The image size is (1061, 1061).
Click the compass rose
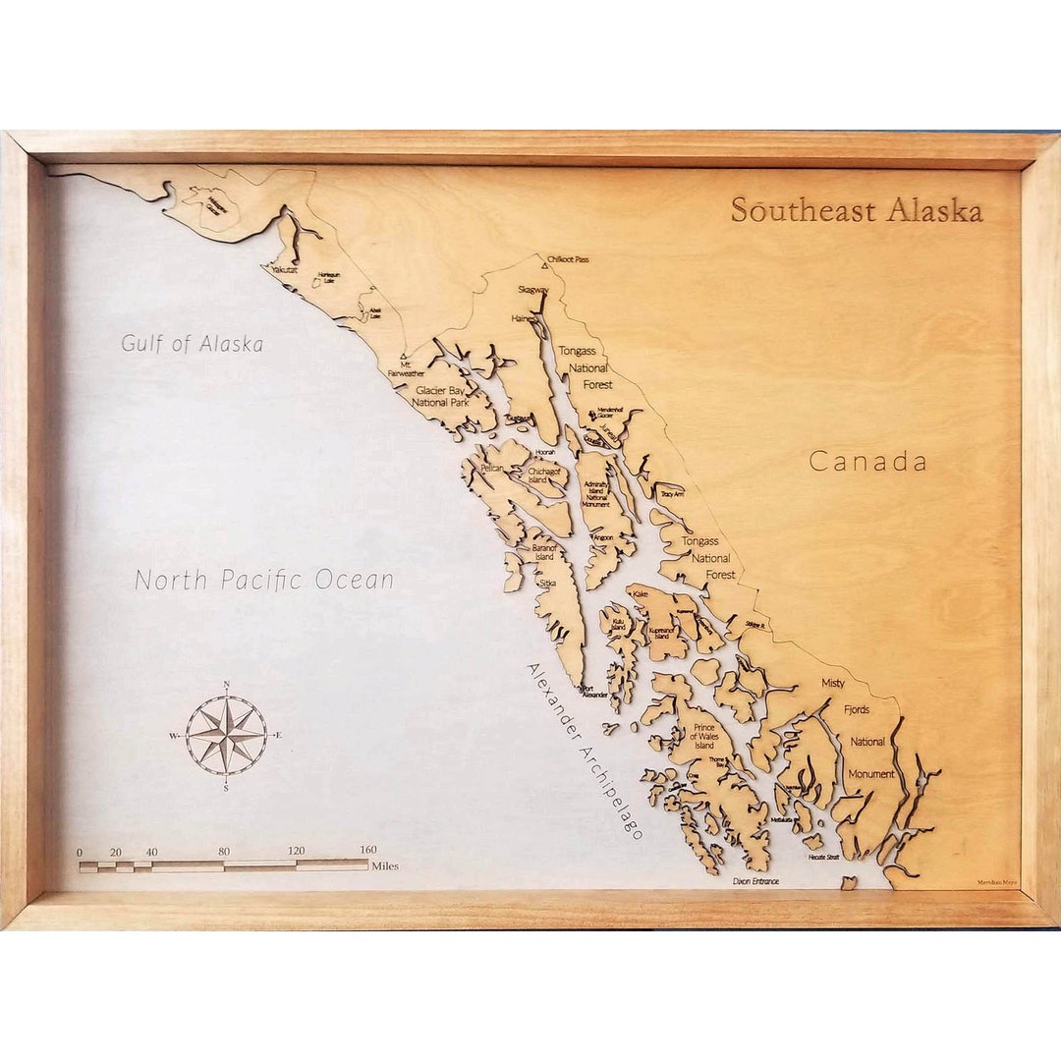point(226,735)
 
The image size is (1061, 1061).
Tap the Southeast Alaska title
point(856,210)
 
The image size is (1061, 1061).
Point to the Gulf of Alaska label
point(192,344)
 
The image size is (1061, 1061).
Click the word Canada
point(867,462)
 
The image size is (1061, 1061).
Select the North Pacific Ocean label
point(263,580)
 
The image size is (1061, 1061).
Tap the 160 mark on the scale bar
point(368,851)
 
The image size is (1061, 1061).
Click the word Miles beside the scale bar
point(385,866)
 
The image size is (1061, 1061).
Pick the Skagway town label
point(533,290)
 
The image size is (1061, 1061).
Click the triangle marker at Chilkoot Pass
point(543,263)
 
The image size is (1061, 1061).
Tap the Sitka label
point(547,583)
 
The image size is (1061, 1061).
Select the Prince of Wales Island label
point(703,736)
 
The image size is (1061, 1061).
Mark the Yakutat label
point(285,268)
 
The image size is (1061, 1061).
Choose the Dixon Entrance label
point(755,881)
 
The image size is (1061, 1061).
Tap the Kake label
point(641,594)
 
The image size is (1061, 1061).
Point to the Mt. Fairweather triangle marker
point(403,358)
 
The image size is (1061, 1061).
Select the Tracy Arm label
point(672,494)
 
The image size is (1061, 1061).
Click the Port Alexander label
point(594,692)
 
